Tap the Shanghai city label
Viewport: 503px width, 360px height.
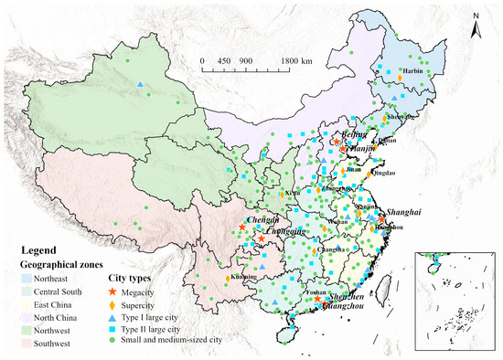coord(396,211)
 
